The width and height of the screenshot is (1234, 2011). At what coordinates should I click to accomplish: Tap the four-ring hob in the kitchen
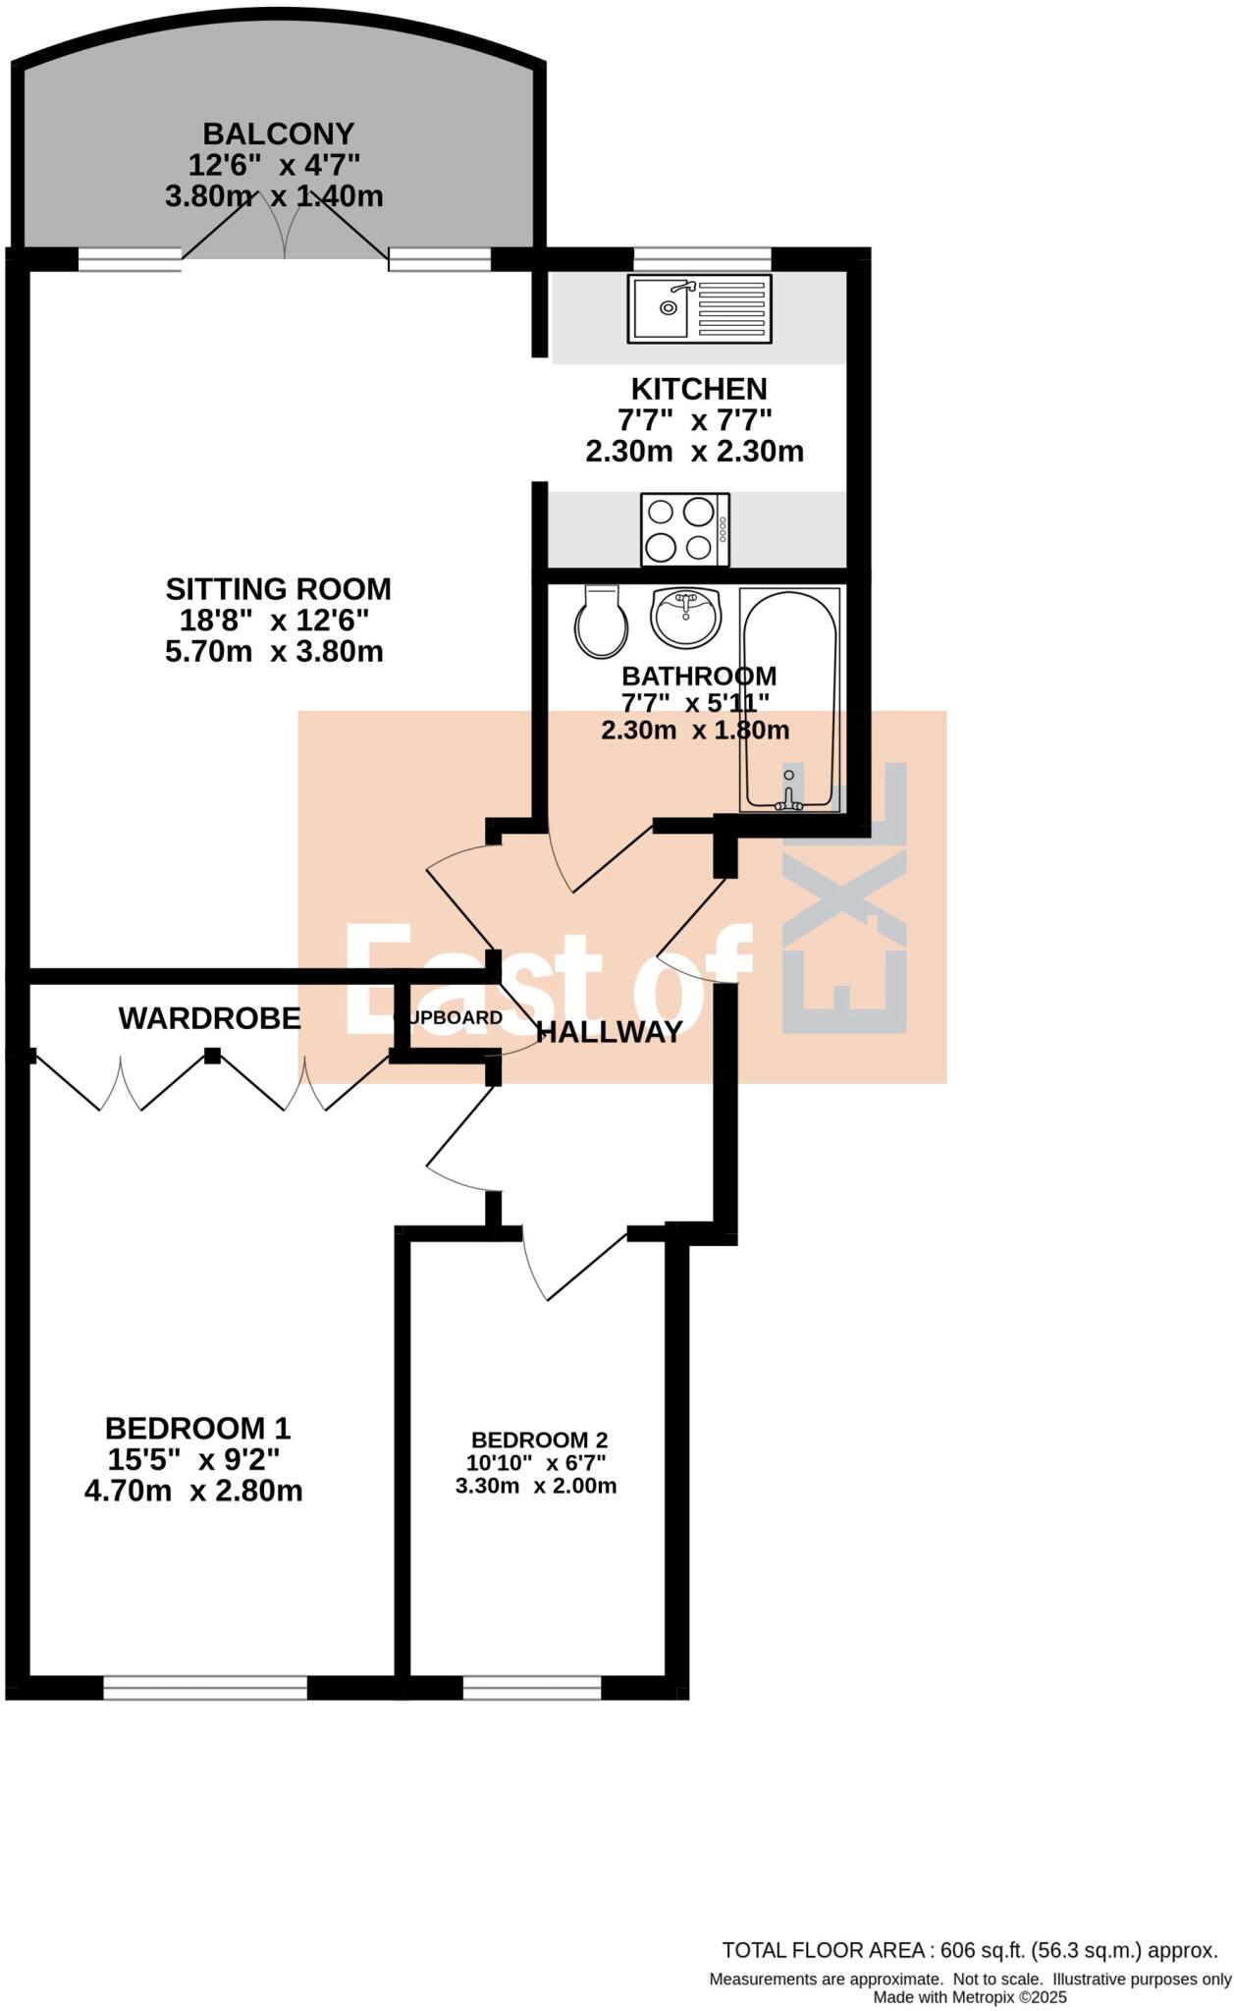point(684,530)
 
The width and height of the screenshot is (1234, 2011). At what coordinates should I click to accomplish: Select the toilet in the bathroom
point(602,623)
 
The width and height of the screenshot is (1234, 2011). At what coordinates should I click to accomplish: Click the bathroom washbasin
point(685,617)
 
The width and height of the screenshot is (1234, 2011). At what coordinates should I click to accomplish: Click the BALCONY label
point(278,134)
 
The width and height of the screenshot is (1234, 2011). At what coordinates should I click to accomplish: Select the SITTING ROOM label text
point(278,589)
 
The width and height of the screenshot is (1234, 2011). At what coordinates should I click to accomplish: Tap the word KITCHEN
point(698,389)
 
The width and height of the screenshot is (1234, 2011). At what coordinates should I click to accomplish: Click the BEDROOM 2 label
point(539,1440)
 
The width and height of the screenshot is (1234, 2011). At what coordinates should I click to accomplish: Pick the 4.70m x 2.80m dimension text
point(193,1492)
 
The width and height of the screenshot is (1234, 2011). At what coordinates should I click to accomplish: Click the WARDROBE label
point(209,1018)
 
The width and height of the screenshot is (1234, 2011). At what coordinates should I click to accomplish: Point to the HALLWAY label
point(610,1032)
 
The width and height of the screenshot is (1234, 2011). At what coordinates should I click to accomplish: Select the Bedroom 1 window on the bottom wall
point(205,1687)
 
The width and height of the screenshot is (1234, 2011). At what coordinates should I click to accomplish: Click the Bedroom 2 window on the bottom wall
point(532,1687)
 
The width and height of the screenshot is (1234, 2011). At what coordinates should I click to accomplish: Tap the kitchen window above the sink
point(702,258)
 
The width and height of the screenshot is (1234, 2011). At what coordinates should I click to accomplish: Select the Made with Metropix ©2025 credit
point(970,1997)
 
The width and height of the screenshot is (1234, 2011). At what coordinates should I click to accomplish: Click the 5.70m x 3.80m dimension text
point(274,652)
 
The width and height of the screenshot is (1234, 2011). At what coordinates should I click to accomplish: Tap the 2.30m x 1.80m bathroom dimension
point(694,731)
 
